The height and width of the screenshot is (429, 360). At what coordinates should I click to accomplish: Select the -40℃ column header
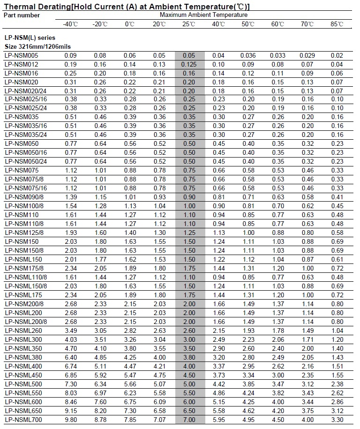click(x=70, y=24)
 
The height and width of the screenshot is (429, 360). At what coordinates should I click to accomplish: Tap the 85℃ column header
click(x=337, y=24)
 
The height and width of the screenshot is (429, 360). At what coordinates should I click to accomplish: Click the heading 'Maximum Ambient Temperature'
click(x=203, y=15)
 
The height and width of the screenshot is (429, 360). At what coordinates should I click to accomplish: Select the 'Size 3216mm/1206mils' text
click(x=34, y=46)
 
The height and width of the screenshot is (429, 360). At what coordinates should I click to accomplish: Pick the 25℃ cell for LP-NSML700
click(x=189, y=419)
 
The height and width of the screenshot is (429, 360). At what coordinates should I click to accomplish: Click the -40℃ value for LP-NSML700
click(x=70, y=419)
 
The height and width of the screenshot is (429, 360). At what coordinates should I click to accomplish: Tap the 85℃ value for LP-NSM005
click(x=337, y=56)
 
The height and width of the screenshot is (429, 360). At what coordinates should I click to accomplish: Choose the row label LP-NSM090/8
click(x=24, y=197)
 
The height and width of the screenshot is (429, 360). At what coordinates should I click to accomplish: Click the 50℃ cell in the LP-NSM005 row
click(x=248, y=56)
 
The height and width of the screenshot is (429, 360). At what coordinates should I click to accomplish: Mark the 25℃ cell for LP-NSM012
click(x=189, y=64)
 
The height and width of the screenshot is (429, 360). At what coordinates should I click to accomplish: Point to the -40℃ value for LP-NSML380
click(x=70, y=357)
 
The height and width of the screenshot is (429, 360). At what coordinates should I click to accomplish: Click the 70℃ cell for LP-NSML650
click(x=307, y=410)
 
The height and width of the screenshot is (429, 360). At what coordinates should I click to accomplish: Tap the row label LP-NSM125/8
click(x=24, y=233)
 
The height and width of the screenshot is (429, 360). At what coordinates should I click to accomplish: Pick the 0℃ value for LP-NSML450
click(x=129, y=375)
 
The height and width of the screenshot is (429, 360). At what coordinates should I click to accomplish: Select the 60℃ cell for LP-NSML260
click(x=277, y=331)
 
